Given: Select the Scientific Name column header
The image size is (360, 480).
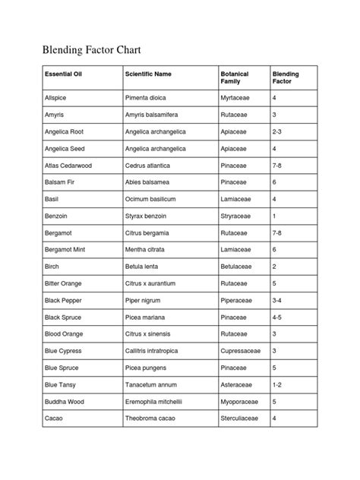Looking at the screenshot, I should point(147,74).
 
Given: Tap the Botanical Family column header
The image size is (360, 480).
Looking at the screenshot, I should point(235,78).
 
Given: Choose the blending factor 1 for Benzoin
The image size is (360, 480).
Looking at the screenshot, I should point(274,216).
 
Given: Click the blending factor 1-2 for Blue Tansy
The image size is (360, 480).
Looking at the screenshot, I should point(279,384).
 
